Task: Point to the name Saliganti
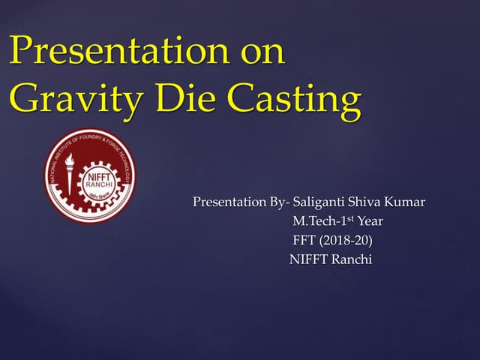coord(320,202)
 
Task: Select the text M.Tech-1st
coord(322,221)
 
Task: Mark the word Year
coord(370,222)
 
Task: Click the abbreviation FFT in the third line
coord(305,241)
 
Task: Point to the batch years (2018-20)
coord(346,241)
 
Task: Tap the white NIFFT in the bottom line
coord(307,260)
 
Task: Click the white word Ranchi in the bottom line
coord(351,260)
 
